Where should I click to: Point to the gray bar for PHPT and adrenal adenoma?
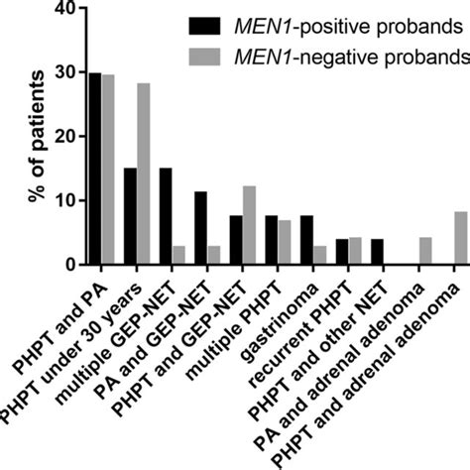tap(460, 238)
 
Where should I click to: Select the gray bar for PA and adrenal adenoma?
tap(424, 251)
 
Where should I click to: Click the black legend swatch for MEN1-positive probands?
tap(209, 24)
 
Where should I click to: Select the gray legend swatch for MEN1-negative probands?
tap(209, 56)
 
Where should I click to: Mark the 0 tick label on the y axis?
tap(69, 265)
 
